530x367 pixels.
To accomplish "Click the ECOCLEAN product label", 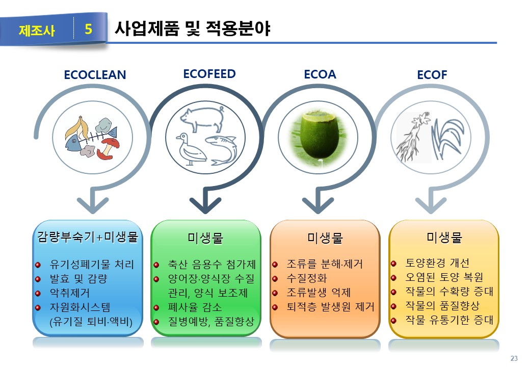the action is (x=95, y=75).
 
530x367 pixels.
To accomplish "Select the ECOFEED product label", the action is (x=209, y=74).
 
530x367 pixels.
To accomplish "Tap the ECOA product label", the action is (x=320, y=74).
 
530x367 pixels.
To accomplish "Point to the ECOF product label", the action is (x=432, y=75).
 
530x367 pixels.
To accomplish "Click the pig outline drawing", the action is (x=203, y=118).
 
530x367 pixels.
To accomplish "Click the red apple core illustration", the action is (x=108, y=148).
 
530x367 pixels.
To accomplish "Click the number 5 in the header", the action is (x=89, y=29).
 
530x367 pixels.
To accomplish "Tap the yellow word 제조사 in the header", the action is (x=37, y=31).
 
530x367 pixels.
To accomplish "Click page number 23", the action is (x=514, y=358).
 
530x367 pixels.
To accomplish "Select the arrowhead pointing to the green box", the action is (x=205, y=205).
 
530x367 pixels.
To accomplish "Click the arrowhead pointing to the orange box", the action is (x=318, y=205).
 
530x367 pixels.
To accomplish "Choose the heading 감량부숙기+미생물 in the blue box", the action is (x=88, y=237).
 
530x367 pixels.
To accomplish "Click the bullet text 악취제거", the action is (x=70, y=293).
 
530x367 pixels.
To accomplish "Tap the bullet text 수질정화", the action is (x=307, y=278).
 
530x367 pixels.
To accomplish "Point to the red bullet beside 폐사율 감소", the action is (x=156, y=308).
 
